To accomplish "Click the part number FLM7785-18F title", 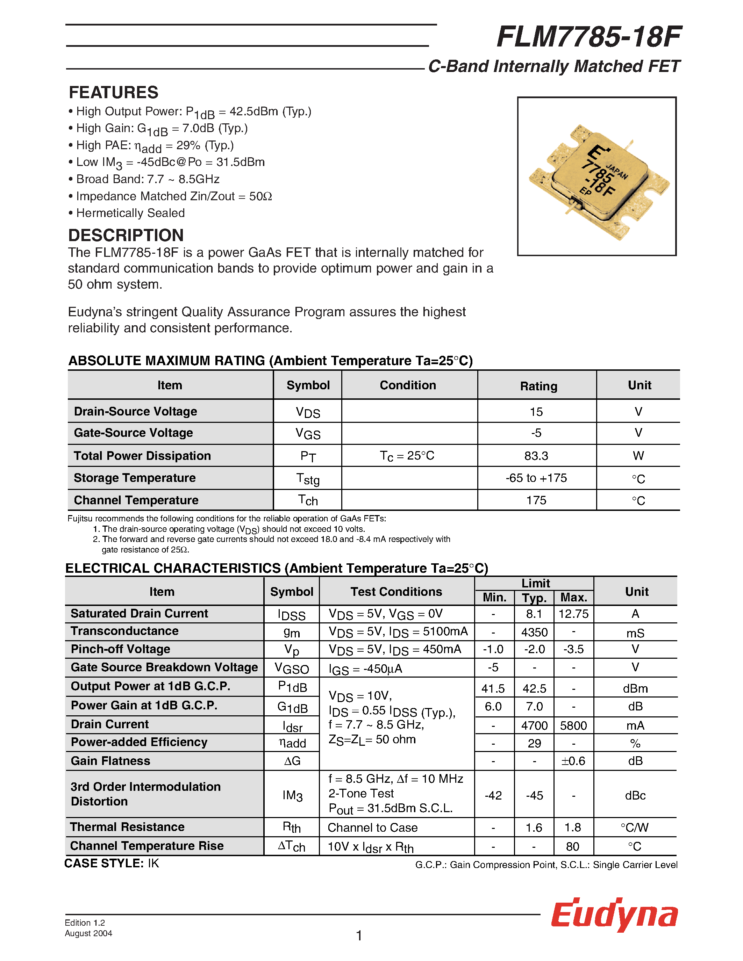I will coord(588,37).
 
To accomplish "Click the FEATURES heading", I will coord(114,92).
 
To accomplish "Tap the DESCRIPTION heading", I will coord(126,236).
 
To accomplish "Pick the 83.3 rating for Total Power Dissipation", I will coord(536,456).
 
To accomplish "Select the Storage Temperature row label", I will coord(135,478).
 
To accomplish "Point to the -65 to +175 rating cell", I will coord(536,478).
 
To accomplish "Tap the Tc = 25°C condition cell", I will coord(407,456).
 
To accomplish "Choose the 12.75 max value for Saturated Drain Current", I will coord(573,614).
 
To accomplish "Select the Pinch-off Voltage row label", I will coord(120,649).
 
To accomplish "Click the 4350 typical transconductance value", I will coord(534,632).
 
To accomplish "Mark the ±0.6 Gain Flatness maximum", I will coord(573,761).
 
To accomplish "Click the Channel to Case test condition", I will coord(372,828).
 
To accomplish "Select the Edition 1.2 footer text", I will coord(85,923).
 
